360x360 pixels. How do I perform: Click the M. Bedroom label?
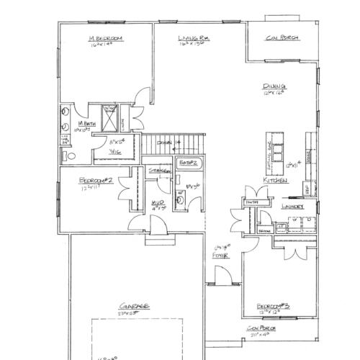[104, 37]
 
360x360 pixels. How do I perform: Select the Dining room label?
[274, 86]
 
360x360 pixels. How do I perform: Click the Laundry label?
[293, 206]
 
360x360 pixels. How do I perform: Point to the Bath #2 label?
[189, 163]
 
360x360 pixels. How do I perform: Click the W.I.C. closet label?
[114, 152]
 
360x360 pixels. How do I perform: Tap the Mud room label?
[158, 203]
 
